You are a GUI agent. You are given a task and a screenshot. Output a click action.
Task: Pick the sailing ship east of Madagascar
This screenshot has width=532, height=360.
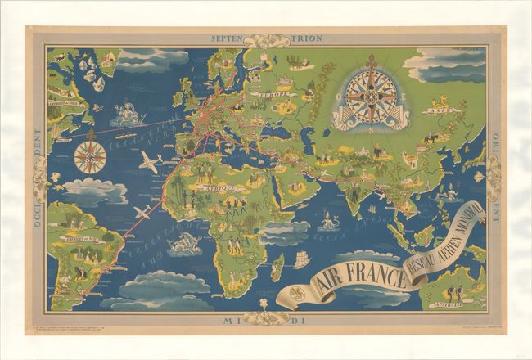point(302,260)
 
